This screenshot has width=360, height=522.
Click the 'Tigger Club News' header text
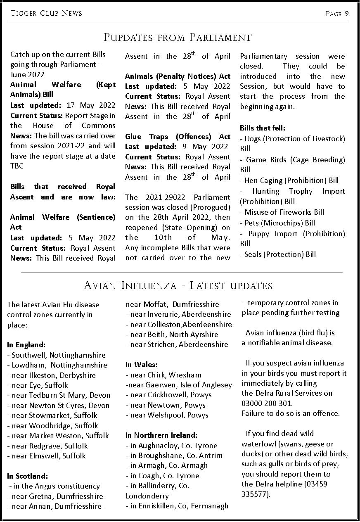tap(46, 13)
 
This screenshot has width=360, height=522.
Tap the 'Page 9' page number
tap(337, 14)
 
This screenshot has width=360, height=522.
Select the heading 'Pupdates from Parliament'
tap(178, 38)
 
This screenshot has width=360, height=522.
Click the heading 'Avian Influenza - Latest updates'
tap(178, 285)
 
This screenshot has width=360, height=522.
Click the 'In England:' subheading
tap(26, 345)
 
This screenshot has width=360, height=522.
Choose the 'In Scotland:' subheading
tap(28, 476)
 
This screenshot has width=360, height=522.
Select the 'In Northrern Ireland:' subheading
tap(161, 435)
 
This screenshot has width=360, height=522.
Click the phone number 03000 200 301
tap(267, 403)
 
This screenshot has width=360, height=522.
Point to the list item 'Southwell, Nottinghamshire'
tap(58, 355)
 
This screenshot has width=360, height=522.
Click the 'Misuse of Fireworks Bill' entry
tap(284, 212)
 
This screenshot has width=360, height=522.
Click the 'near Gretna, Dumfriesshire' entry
tap(57, 496)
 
